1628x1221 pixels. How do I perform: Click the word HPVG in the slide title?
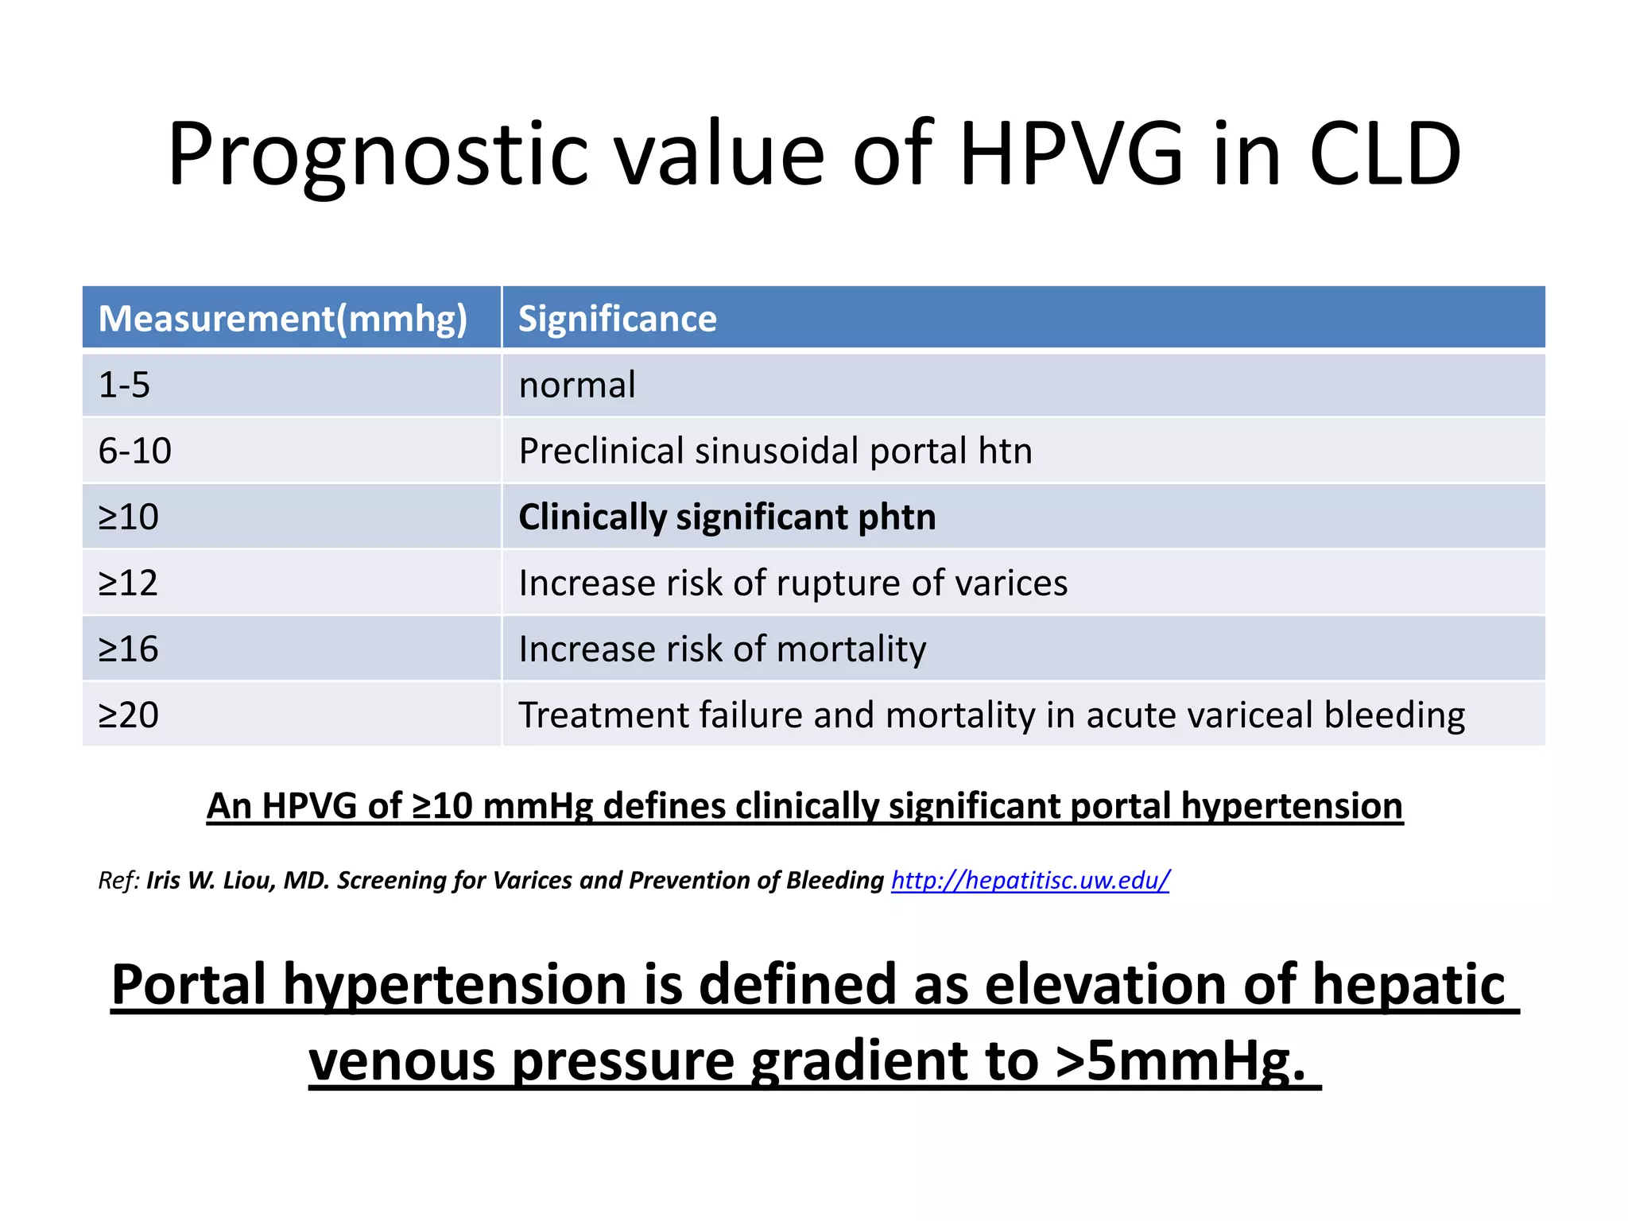coord(1072,155)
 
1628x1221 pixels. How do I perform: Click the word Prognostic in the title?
coord(378,155)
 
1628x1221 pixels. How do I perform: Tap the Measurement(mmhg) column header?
coord(283,319)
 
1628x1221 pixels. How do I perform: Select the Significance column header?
coord(618,319)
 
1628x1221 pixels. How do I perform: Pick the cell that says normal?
coord(577,386)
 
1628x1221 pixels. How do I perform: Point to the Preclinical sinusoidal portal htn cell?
coord(775,452)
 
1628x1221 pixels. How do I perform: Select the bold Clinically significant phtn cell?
coord(727,517)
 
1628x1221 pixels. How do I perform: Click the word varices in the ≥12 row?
coord(1011,583)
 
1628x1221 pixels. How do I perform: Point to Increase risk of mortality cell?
coord(722,649)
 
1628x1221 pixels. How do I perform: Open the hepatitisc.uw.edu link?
coord(1030,880)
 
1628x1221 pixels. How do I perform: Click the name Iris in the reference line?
coord(163,880)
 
